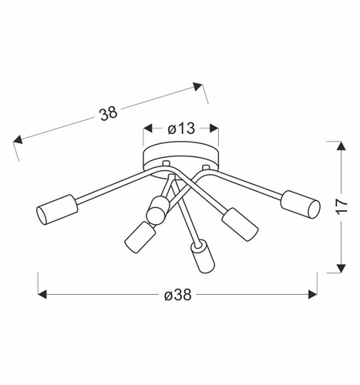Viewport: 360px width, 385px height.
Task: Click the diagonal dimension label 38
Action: (x=108, y=112)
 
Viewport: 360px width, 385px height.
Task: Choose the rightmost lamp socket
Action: (x=300, y=203)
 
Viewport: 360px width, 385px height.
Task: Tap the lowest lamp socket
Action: (x=202, y=256)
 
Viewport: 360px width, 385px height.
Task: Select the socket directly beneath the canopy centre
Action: (x=160, y=206)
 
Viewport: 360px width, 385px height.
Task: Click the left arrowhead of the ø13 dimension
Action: (x=147, y=129)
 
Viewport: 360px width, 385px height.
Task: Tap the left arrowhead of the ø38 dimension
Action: (x=43, y=294)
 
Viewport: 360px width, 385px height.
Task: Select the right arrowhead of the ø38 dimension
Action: (x=313, y=294)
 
